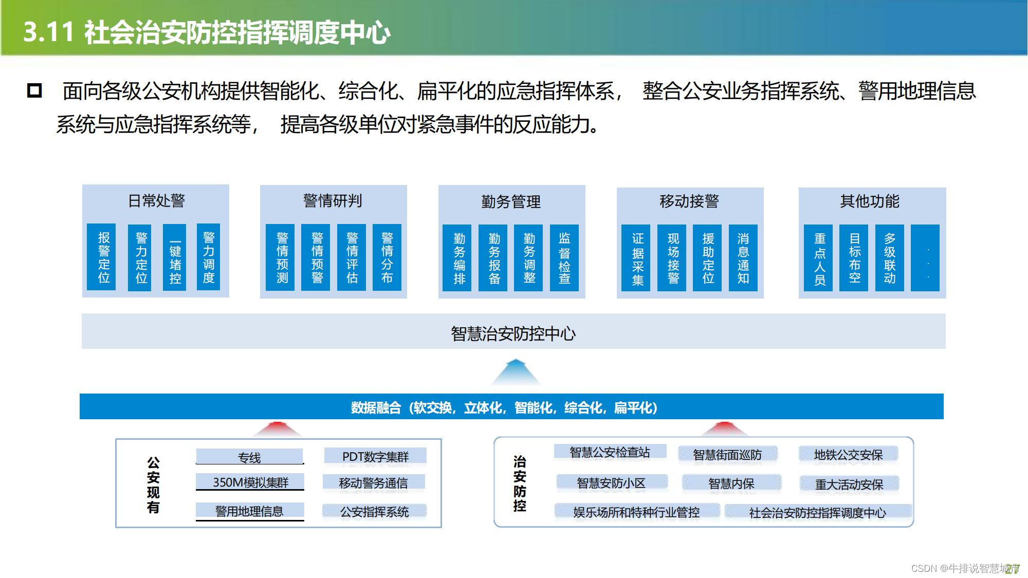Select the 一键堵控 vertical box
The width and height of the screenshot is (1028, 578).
(x=174, y=257)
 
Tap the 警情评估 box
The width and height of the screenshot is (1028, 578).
(x=352, y=257)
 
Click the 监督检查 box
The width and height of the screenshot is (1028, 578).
(x=564, y=258)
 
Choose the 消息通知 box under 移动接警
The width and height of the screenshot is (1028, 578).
(x=743, y=258)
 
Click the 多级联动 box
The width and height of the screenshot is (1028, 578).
(x=889, y=258)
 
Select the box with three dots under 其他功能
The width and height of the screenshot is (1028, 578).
(x=925, y=258)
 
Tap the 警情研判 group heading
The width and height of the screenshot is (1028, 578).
(x=333, y=200)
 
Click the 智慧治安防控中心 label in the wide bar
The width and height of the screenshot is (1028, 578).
(x=513, y=333)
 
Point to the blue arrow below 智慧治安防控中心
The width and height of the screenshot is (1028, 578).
(x=516, y=372)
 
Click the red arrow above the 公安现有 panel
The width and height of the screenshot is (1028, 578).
(x=278, y=428)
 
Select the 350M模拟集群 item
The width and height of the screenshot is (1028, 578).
(x=250, y=482)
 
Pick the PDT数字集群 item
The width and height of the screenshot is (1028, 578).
(x=375, y=456)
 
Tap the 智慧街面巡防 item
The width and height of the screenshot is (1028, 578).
(x=727, y=455)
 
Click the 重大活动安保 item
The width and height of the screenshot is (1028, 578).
(x=849, y=484)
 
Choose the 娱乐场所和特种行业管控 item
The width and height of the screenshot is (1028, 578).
(x=636, y=512)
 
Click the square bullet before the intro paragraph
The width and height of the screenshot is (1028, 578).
(x=34, y=90)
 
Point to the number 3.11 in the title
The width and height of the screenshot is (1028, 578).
(x=48, y=32)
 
